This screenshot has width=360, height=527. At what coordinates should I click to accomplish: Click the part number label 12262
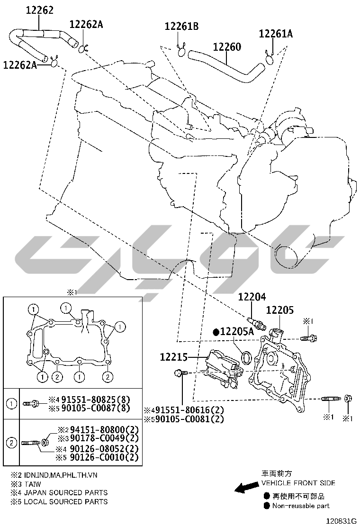(40, 10)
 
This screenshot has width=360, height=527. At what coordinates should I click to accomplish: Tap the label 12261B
(181, 26)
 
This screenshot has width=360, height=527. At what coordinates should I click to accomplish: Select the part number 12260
(227, 47)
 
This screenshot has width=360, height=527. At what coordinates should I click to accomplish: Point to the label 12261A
(276, 34)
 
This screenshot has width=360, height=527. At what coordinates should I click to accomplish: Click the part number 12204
(252, 297)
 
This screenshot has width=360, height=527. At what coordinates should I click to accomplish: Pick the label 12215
(174, 357)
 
